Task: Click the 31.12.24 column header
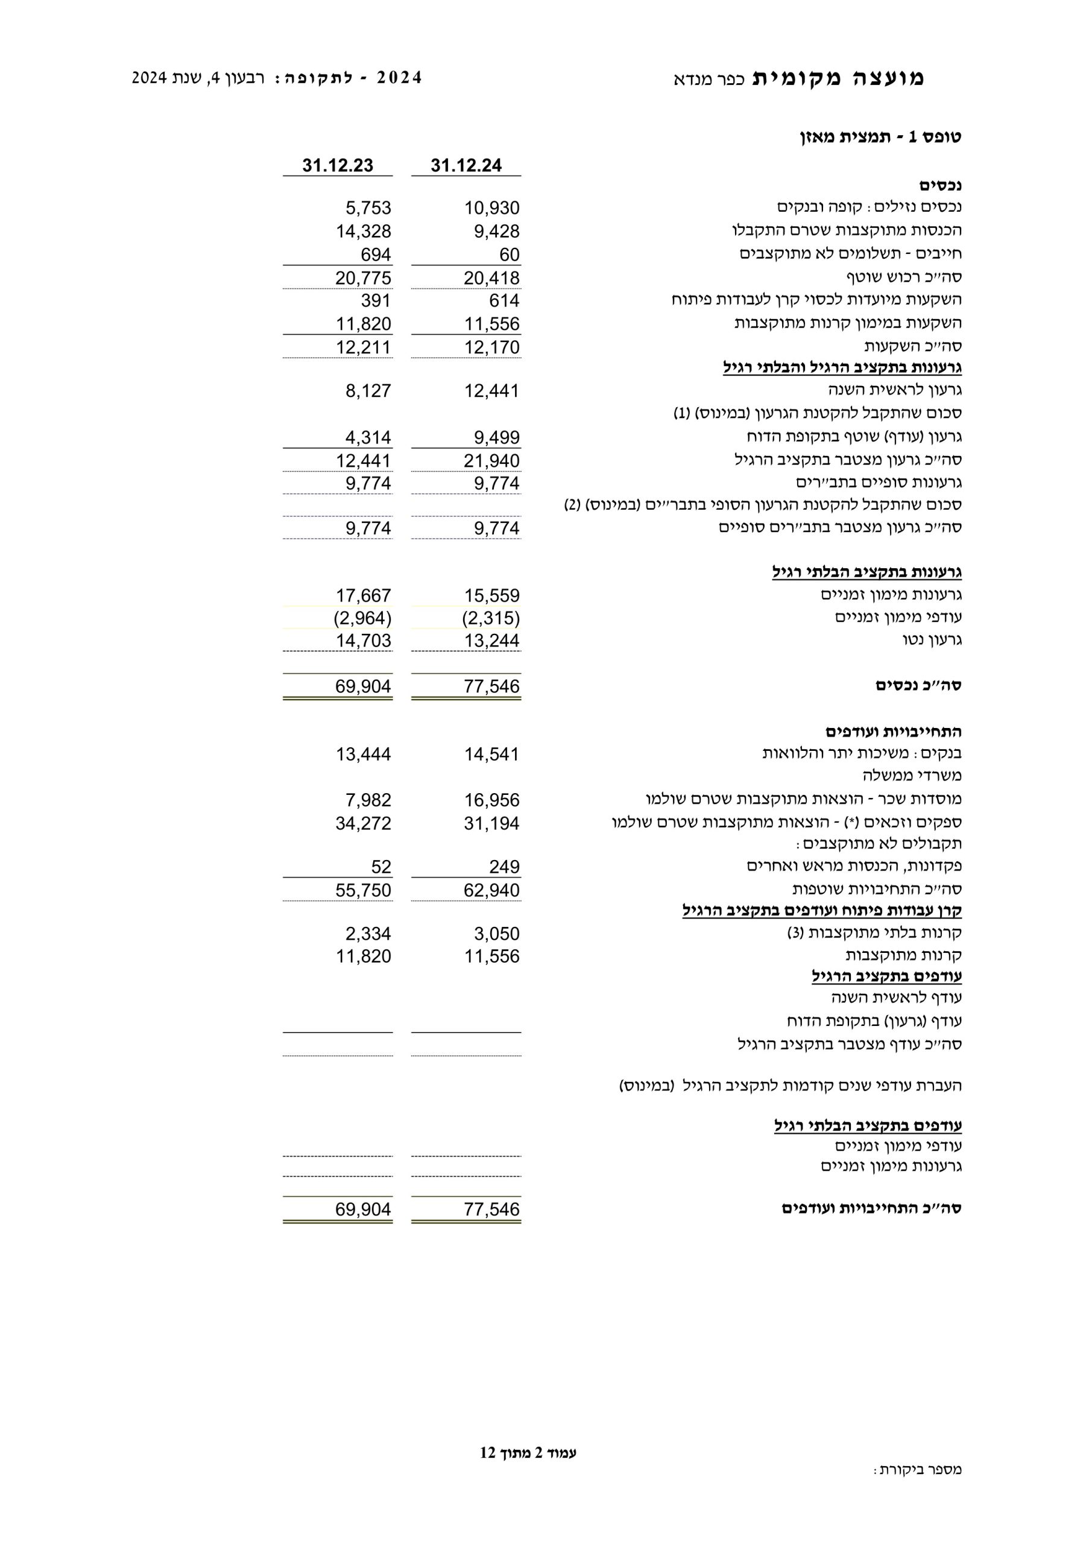click(466, 165)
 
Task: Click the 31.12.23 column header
click(338, 165)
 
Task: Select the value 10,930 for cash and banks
click(491, 209)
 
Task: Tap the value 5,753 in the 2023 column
click(368, 209)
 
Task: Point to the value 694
click(375, 255)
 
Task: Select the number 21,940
click(491, 461)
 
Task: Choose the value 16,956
click(491, 800)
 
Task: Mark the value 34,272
click(363, 823)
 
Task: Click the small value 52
click(380, 867)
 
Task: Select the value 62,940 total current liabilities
click(491, 890)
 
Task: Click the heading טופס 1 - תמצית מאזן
click(880, 137)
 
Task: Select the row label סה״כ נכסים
click(918, 686)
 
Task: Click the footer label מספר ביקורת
click(918, 1489)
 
